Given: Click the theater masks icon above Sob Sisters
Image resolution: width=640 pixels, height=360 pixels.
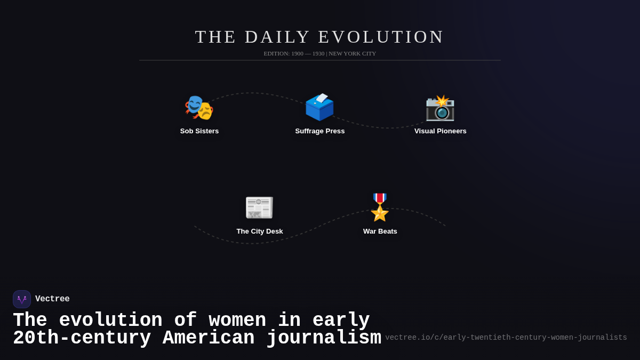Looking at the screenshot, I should pyautogui.click(x=199, y=107).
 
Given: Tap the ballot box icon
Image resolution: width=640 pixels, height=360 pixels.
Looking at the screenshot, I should pyautogui.click(x=319, y=107).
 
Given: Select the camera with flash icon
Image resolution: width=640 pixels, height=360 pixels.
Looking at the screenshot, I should pyautogui.click(x=440, y=107).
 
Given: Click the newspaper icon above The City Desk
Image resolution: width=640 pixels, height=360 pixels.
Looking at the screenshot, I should pyautogui.click(x=259, y=207).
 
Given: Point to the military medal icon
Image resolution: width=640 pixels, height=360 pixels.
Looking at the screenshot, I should pyautogui.click(x=380, y=207).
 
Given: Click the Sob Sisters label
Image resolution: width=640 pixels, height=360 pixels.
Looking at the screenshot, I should pyautogui.click(x=199, y=131).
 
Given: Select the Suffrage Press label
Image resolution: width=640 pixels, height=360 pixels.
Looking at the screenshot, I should pyautogui.click(x=320, y=131).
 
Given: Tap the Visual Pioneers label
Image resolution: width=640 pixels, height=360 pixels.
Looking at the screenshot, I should pyautogui.click(x=441, y=131).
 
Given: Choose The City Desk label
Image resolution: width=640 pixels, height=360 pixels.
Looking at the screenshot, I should pyautogui.click(x=260, y=231).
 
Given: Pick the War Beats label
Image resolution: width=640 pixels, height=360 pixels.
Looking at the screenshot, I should pyautogui.click(x=380, y=231).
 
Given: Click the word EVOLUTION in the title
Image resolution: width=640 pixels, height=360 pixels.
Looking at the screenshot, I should pyautogui.click(x=381, y=37).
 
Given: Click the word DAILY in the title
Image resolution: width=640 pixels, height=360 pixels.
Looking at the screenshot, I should pyautogui.click(x=277, y=37).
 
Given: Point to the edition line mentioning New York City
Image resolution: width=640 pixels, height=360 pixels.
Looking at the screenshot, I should pyautogui.click(x=320, y=53).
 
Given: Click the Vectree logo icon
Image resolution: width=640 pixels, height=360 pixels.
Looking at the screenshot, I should pyautogui.click(x=22, y=299).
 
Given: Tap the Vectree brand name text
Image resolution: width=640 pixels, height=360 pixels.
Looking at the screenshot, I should pyautogui.click(x=52, y=299).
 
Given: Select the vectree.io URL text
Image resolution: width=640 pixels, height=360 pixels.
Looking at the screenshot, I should pyautogui.click(x=506, y=338).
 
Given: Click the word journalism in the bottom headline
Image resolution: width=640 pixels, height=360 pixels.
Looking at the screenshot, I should pyautogui.click(x=324, y=338).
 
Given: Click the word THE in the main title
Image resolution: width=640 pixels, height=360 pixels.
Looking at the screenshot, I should pyautogui.click(x=215, y=37).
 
